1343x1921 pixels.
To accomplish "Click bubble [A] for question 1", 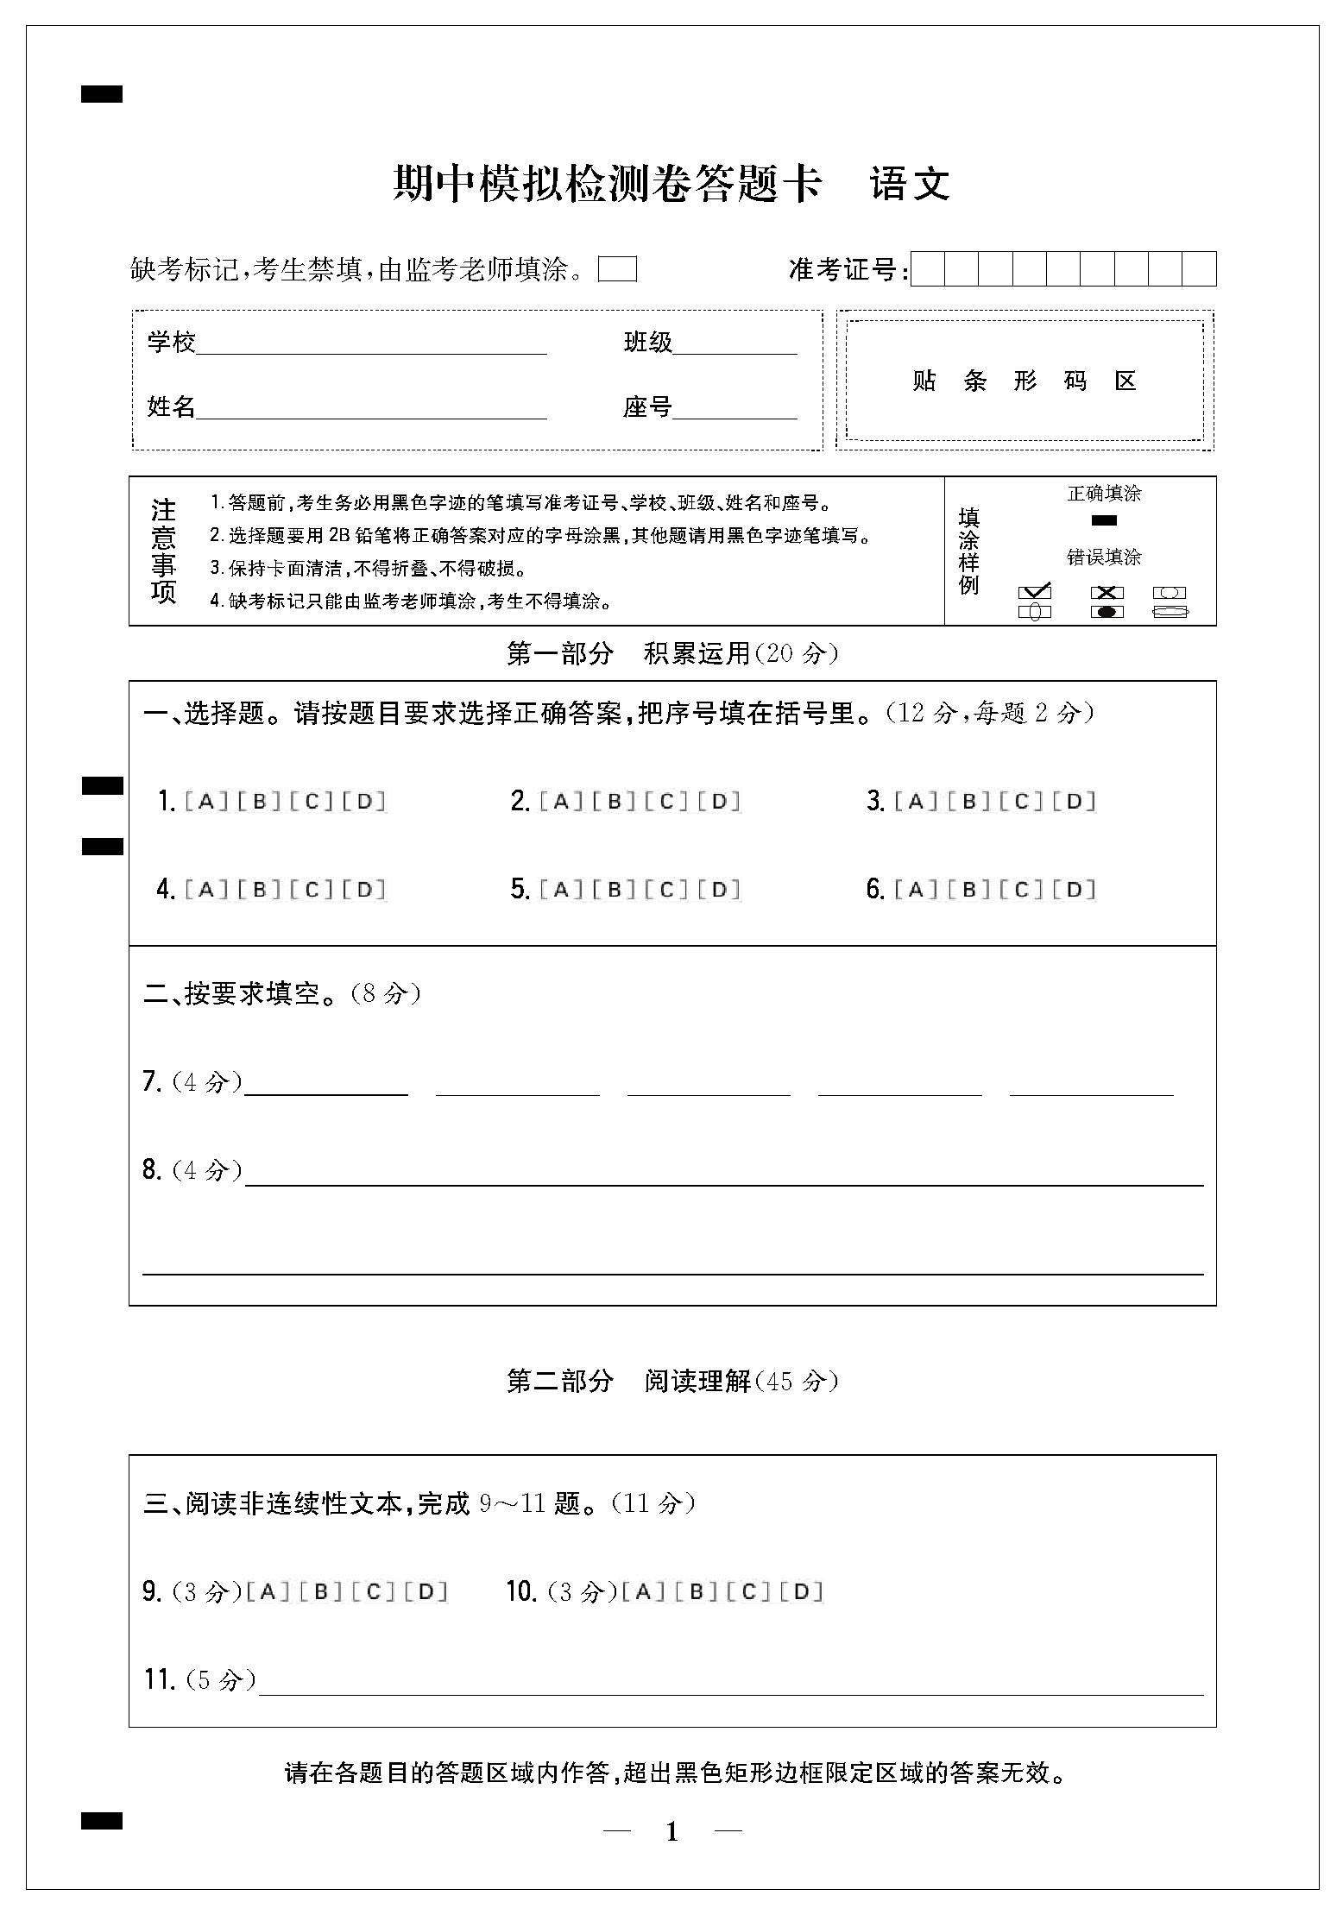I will tap(206, 802).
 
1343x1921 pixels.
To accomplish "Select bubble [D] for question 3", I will tap(1075, 802).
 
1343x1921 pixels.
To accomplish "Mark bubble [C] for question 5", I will tap(667, 890).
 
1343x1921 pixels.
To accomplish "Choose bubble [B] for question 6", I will tap(969, 890).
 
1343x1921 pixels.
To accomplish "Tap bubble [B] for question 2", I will tap(615, 802).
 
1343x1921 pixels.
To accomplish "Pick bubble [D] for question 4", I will tap(364, 890).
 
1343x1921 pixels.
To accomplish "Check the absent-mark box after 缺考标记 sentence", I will tap(618, 270).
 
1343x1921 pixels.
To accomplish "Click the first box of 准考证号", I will tap(928, 269).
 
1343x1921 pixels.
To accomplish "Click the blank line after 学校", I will tap(371, 345).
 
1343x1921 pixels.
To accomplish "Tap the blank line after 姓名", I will tap(371, 410).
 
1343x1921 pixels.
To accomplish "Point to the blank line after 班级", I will tap(735, 345).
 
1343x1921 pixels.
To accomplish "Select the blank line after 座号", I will tap(735, 410).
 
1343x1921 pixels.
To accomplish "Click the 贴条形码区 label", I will tap(1025, 381).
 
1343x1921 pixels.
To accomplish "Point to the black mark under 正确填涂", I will tap(1104, 520).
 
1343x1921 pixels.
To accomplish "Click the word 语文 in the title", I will tap(910, 184).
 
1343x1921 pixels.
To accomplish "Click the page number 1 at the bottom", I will tap(672, 1831).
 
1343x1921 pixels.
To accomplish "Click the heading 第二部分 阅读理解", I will tap(672, 1382).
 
